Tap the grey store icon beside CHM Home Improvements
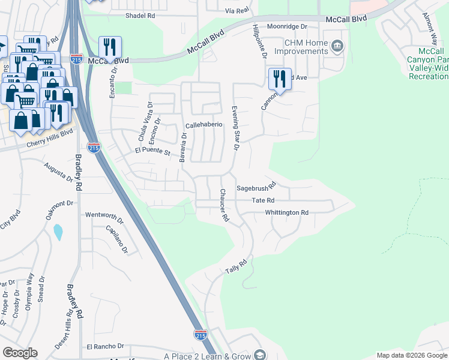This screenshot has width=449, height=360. [337, 45]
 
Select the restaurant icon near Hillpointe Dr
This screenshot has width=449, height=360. [280, 79]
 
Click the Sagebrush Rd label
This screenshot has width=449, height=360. [255, 188]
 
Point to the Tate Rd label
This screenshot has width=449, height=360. [263, 200]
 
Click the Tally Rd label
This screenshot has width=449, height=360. [236, 267]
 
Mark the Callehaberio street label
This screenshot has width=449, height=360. [203, 125]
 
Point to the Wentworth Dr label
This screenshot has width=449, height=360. [104, 214]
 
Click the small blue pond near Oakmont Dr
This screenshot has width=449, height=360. [58, 232]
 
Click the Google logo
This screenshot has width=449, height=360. [20, 353]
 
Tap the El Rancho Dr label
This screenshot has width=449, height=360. [104, 346]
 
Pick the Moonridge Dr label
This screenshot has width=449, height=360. [287, 26]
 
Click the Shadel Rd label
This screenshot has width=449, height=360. [140, 16]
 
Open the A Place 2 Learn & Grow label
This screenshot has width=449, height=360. [208, 356]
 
